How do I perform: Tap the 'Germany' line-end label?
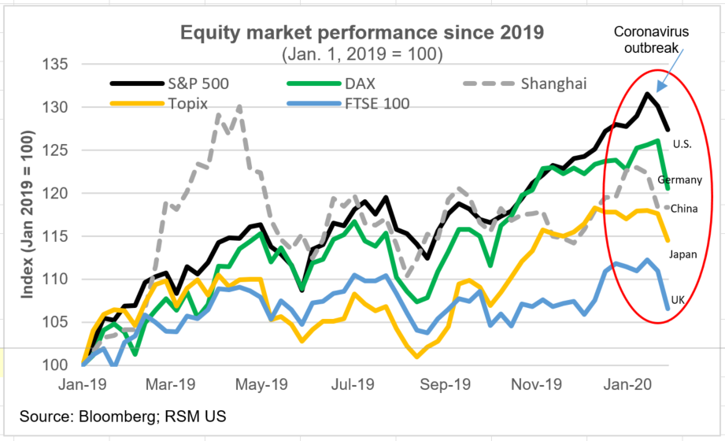679,180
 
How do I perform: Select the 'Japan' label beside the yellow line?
682,254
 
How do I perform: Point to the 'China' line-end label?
682,208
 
